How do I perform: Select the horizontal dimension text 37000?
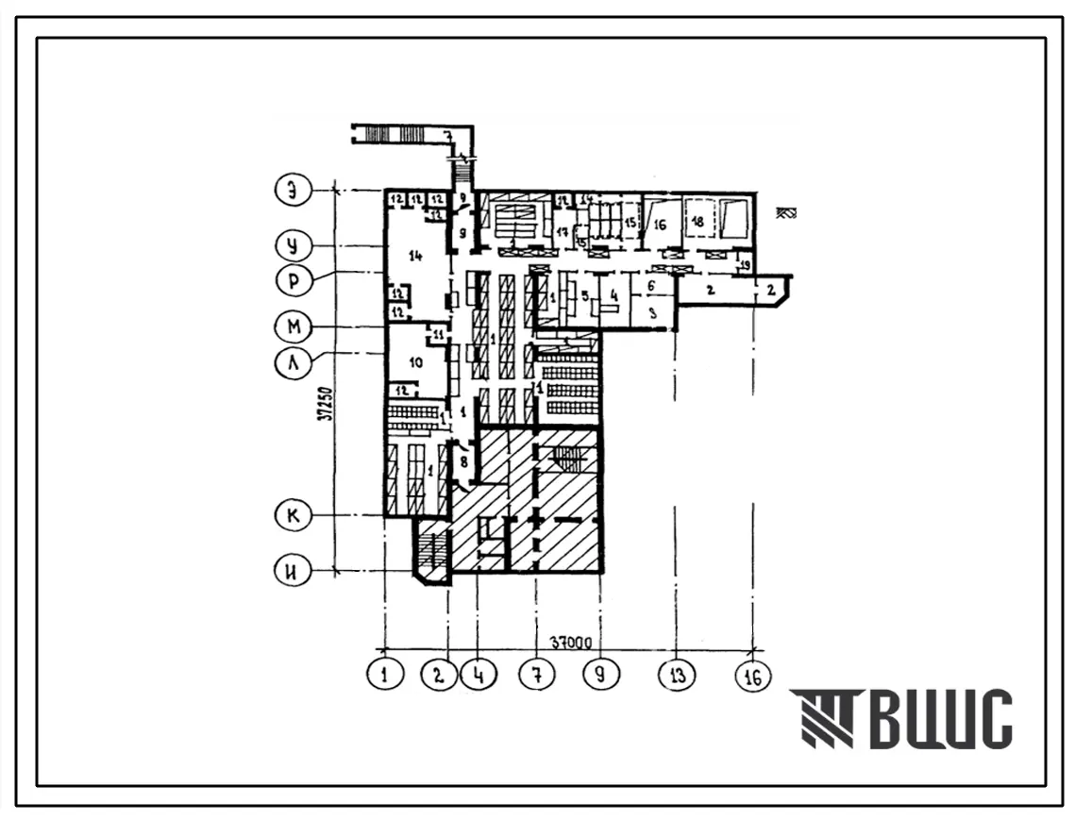coord(566,644)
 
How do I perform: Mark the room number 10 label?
coord(413,361)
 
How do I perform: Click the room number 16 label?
coord(660,225)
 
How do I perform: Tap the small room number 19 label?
coord(745,267)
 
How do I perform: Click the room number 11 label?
coord(437,334)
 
